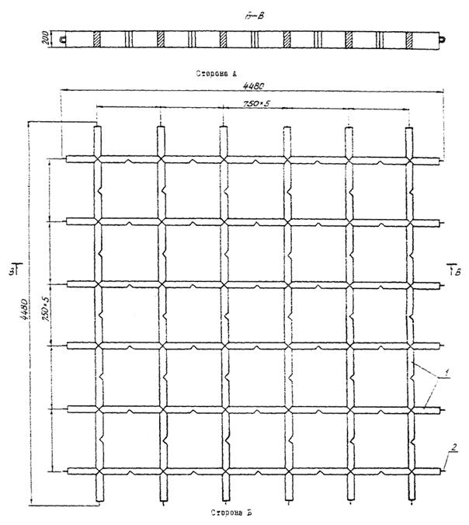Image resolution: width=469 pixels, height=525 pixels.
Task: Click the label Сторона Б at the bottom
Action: click(230, 513)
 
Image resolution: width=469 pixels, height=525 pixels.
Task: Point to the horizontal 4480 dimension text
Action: click(252, 84)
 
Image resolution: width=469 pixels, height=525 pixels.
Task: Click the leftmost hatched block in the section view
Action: click(97, 37)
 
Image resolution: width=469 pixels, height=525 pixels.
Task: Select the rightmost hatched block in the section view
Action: click(411, 37)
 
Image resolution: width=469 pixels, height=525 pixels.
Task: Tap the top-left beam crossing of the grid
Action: click(98, 159)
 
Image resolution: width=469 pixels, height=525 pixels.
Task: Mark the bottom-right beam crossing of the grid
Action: click(410, 471)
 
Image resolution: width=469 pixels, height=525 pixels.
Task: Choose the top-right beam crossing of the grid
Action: click(410, 159)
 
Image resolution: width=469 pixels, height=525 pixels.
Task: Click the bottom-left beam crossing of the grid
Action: click(98, 471)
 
